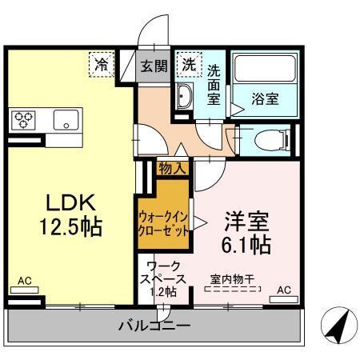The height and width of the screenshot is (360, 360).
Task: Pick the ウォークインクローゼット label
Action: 164,222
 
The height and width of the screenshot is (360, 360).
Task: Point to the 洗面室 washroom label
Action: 214,83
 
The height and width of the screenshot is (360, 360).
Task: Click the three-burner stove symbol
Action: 23,120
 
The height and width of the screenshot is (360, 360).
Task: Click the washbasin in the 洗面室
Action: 183,99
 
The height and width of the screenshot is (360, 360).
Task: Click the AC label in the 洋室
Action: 284,289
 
